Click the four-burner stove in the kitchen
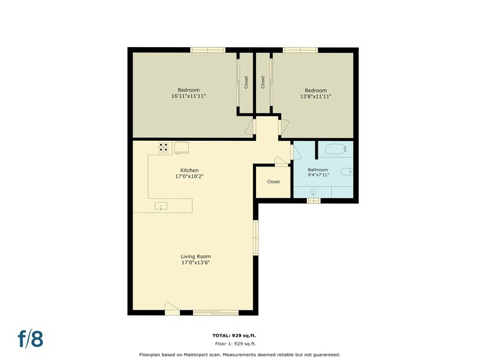click(x=164, y=147)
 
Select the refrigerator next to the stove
click(x=182, y=148)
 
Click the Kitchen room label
click(x=189, y=170)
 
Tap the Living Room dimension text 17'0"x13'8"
click(x=195, y=263)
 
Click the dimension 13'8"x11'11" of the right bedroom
click(x=315, y=96)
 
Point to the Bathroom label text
click(x=318, y=170)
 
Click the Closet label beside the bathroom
click(x=273, y=182)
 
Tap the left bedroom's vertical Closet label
click(x=246, y=82)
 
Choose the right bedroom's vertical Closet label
click(x=263, y=82)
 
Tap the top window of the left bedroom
click(x=204, y=50)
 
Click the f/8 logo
click(x=31, y=339)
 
